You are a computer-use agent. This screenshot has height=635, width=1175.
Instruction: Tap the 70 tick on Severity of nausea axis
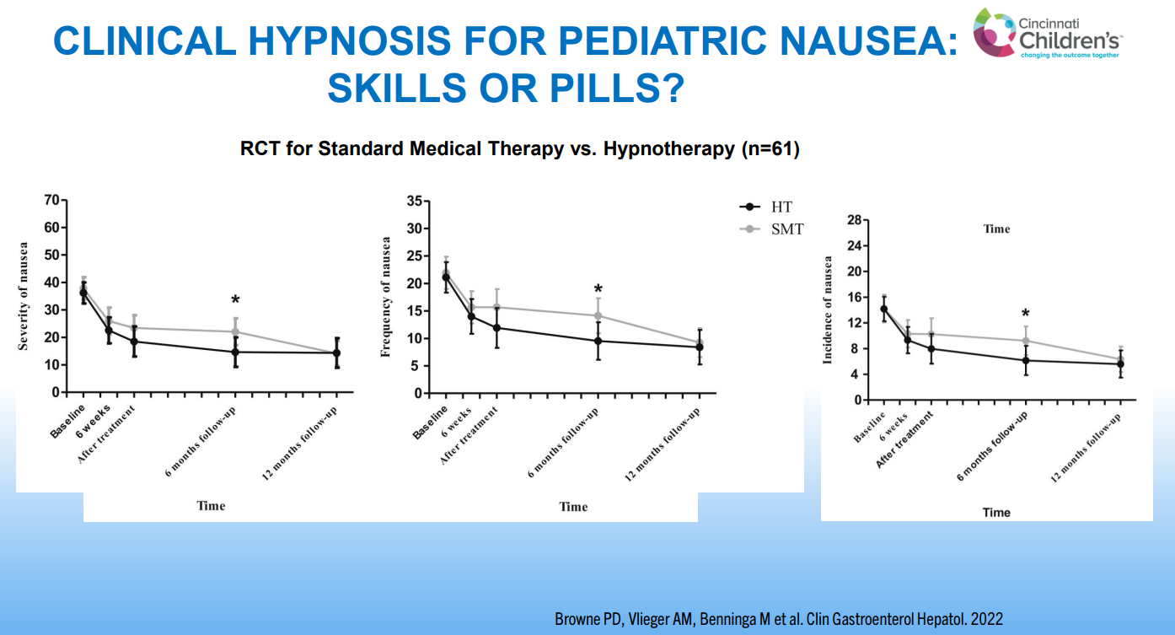tap(51, 200)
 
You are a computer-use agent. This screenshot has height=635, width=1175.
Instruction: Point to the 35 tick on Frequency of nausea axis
tap(414, 201)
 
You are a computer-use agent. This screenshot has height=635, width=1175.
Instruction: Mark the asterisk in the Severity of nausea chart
tap(235, 301)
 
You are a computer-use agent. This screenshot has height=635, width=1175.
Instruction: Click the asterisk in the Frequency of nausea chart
tap(598, 289)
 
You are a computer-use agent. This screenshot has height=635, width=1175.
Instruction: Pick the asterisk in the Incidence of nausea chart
tap(1025, 314)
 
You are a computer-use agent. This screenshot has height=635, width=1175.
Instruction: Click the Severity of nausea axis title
tap(24, 296)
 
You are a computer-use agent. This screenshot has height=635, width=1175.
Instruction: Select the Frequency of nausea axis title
tap(387, 298)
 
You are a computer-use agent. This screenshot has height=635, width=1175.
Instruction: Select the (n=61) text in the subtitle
tap(769, 150)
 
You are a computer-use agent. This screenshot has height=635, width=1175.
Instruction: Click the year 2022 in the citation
tap(986, 619)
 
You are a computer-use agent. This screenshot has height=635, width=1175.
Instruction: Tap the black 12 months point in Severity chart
tap(337, 353)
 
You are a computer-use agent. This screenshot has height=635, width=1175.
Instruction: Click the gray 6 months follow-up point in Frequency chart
tap(598, 316)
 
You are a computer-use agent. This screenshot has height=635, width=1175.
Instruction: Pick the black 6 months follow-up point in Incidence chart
tap(1026, 360)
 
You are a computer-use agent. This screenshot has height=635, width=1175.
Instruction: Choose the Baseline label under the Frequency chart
tap(430, 422)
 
